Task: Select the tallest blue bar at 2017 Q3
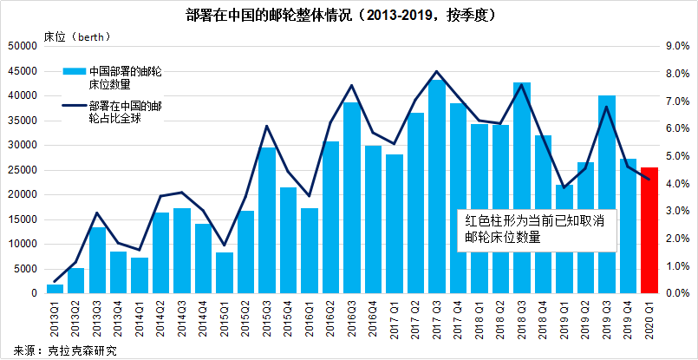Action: pyautogui.click(x=436, y=187)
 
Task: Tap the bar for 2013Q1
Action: pyautogui.click(x=55, y=289)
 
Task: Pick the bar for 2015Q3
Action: pyautogui.click(x=267, y=220)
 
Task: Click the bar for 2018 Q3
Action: pyautogui.click(x=521, y=188)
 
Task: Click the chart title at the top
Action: pyautogui.click(x=349, y=15)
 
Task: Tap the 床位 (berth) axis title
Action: pyautogui.click(x=73, y=38)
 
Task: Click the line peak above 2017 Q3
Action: pyautogui.click(x=436, y=71)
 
